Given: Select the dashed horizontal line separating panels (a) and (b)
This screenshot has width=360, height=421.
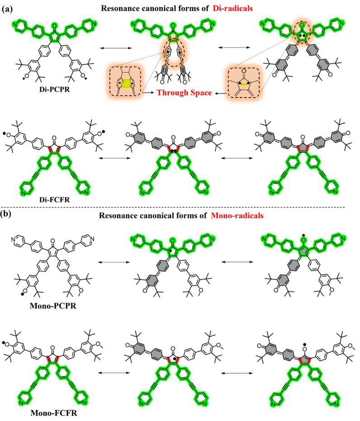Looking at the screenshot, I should coord(180,207).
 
